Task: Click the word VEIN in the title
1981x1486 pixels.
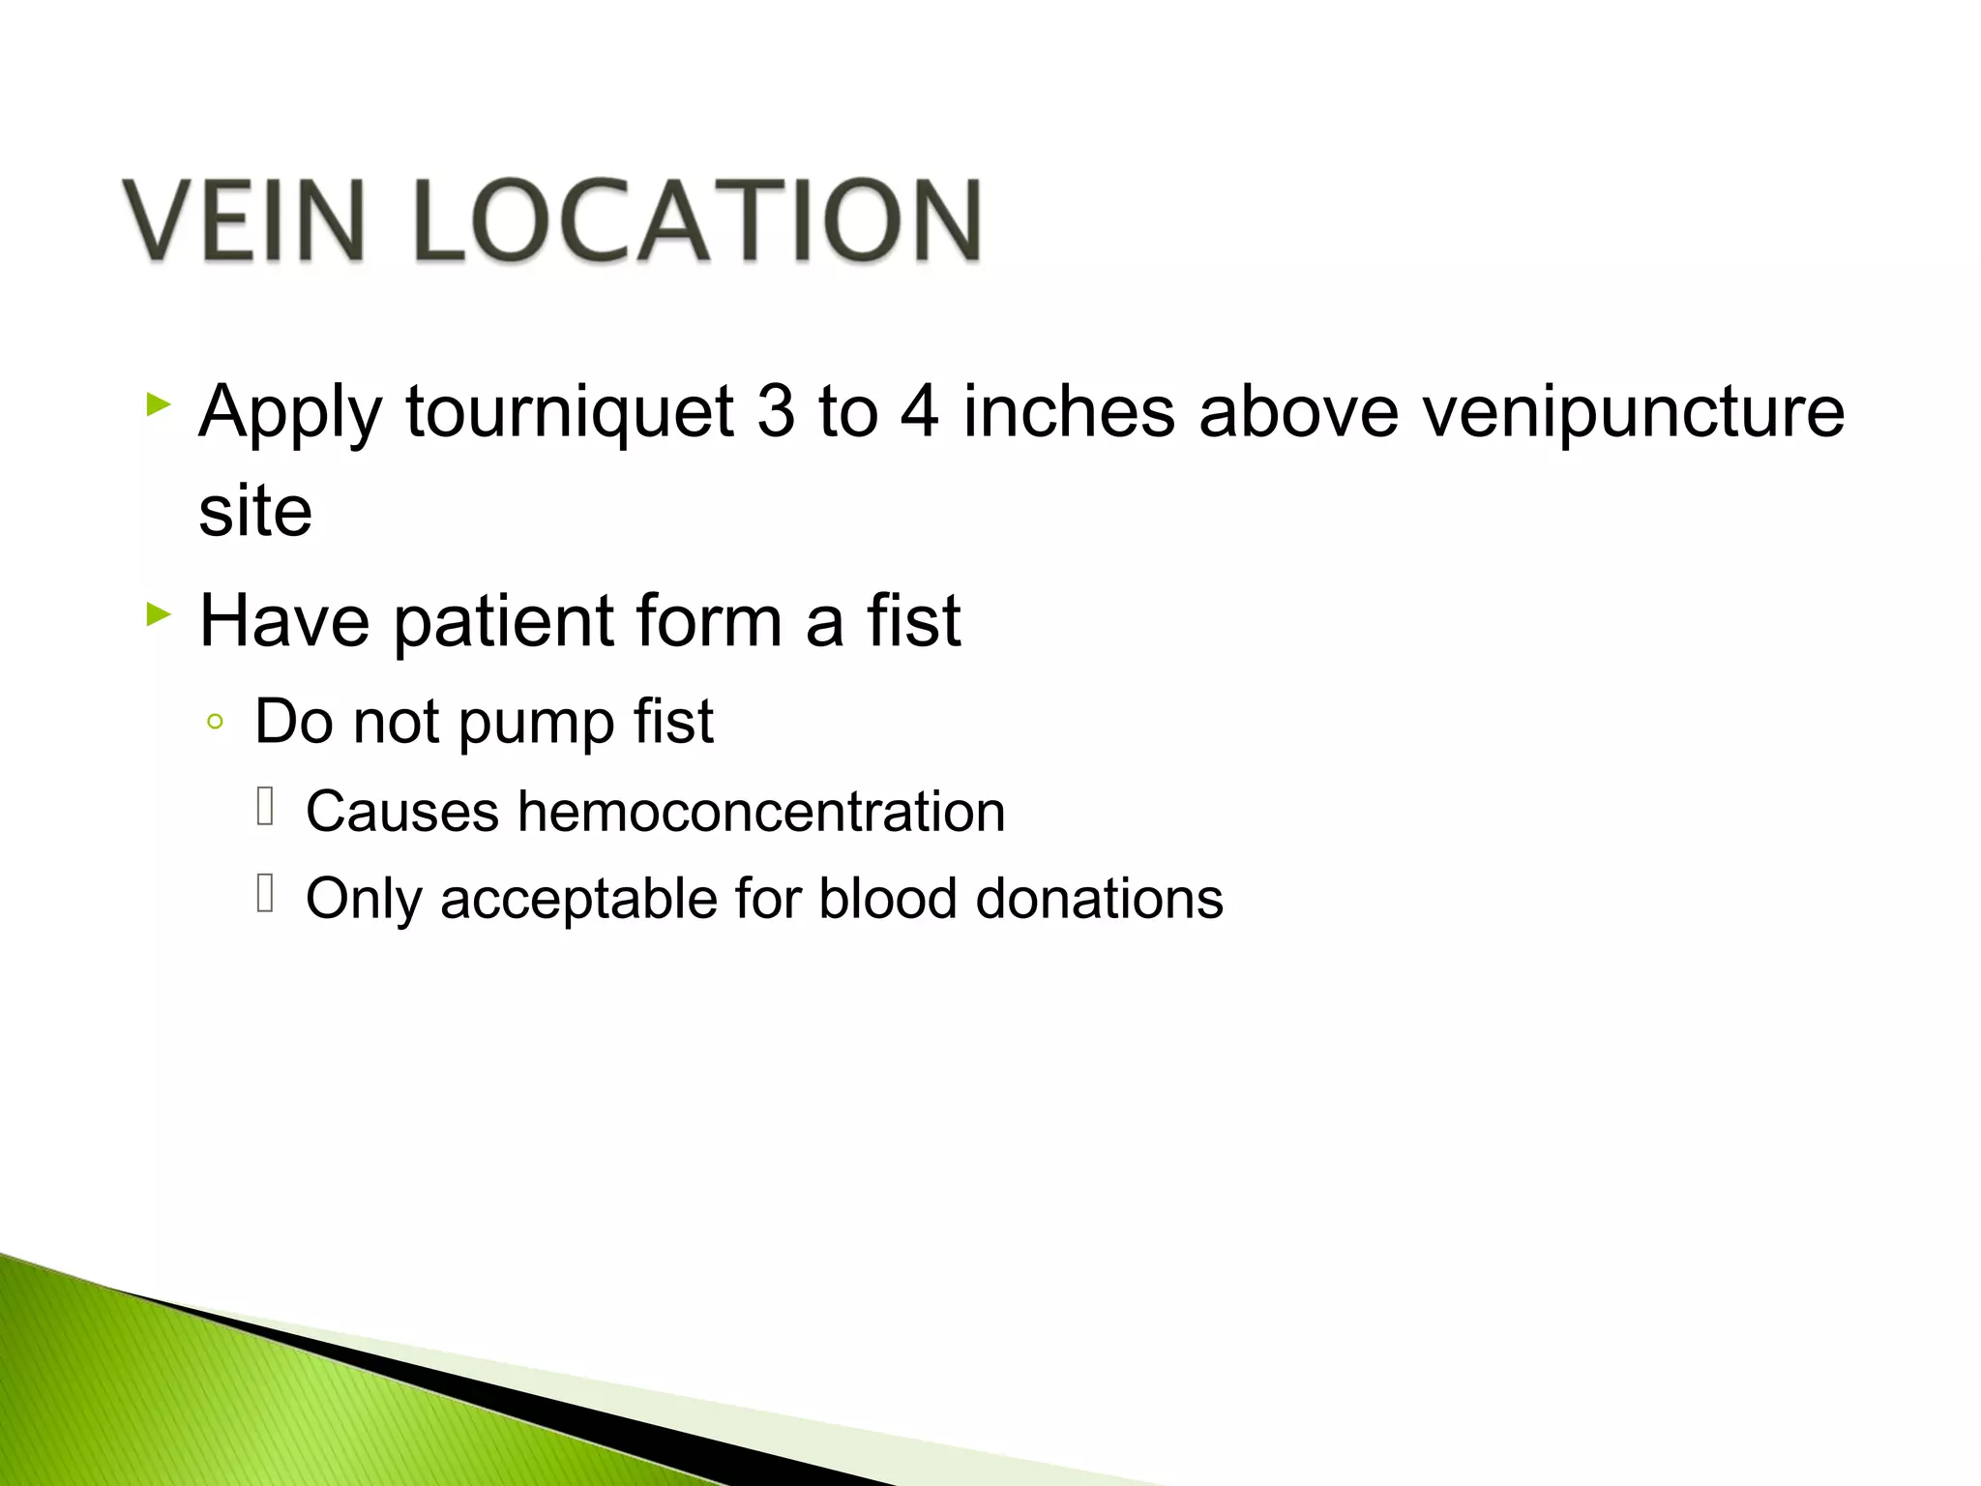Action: pos(245,221)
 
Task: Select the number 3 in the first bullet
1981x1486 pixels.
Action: pos(776,411)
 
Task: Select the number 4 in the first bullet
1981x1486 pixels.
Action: pos(919,411)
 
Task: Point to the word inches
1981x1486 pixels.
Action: pos(1069,411)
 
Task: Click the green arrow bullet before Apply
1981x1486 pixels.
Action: pos(159,403)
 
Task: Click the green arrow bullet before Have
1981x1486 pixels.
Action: pos(159,612)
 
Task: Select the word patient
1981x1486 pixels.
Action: pos(503,621)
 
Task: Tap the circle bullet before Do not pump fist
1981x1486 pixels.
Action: pos(216,722)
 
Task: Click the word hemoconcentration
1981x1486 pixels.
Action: pos(761,811)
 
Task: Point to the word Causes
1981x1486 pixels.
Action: pos(402,811)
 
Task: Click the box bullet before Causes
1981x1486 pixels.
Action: pos(266,806)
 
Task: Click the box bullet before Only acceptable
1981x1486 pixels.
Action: pos(266,892)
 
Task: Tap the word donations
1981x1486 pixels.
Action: pos(1099,898)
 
